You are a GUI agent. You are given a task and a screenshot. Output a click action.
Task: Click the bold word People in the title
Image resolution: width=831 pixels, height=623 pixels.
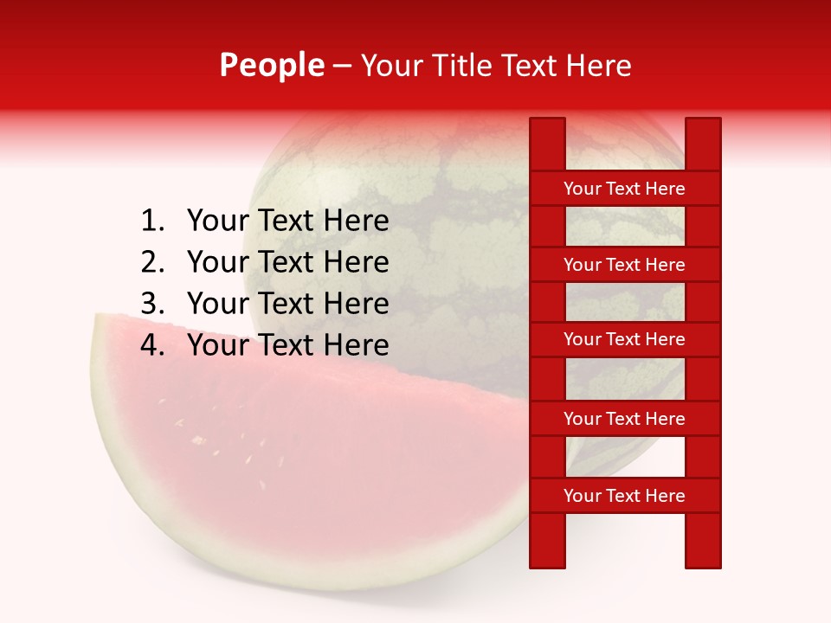point(271,65)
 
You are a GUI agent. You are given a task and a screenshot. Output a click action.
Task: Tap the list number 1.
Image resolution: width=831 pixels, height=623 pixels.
point(151,222)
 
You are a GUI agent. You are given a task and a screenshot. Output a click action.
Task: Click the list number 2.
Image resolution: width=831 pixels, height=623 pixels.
point(151,262)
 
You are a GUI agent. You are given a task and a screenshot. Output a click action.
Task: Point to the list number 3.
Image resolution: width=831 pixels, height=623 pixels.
point(151,304)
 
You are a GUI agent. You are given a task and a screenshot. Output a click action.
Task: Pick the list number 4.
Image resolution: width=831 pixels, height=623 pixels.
point(151,345)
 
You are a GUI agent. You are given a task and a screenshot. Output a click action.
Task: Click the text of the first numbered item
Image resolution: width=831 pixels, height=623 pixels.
point(287,222)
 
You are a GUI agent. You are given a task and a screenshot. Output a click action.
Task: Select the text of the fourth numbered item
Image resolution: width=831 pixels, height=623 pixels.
point(287,345)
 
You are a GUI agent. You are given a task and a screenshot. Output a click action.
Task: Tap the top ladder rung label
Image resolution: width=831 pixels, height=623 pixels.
point(624,189)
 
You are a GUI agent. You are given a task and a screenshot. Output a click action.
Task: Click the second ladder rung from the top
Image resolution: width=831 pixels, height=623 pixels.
point(624,265)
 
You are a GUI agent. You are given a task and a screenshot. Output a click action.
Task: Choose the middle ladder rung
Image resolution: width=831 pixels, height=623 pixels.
point(624,339)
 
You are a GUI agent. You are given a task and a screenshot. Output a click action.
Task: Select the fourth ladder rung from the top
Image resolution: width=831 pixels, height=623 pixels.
point(624,419)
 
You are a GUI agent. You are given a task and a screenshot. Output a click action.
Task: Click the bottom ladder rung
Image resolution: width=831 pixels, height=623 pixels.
point(624,496)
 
